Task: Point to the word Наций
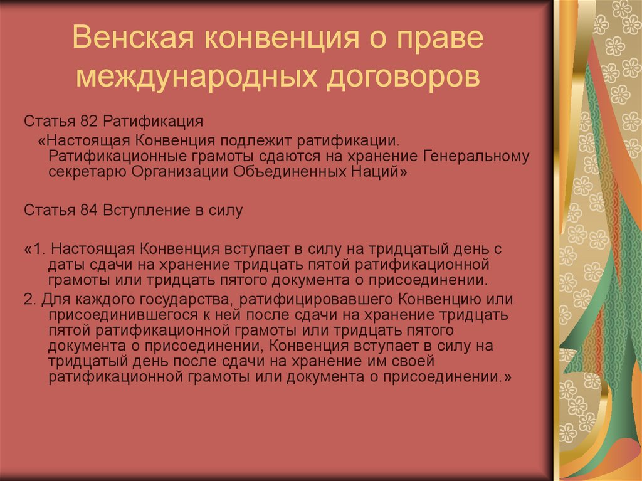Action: [378, 171]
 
